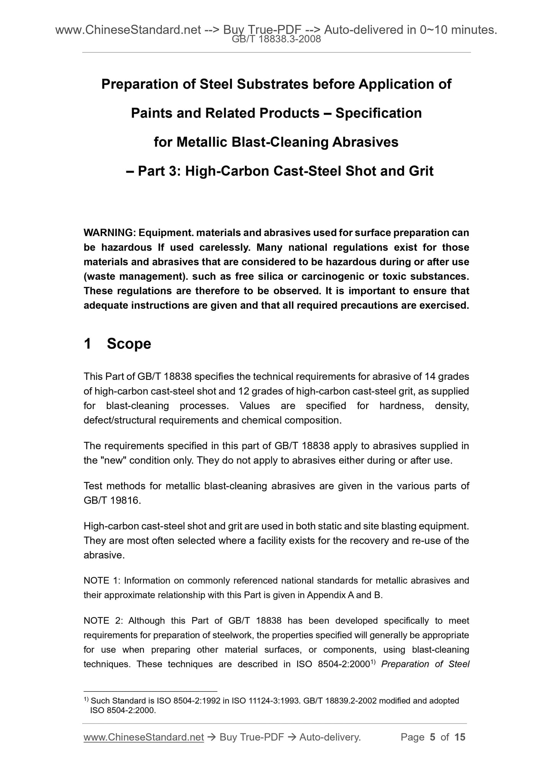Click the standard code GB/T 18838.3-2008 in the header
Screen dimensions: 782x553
click(x=276, y=39)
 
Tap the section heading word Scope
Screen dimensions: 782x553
click(x=129, y=344)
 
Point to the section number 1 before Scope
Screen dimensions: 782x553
click(x=88, y=344)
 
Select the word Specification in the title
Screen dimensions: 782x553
click(x=378, y=113)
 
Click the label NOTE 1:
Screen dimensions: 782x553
click(x=102, y=581)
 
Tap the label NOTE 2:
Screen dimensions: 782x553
click(x=102, y=621)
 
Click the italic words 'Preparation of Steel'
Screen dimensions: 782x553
click(x=425, y=664)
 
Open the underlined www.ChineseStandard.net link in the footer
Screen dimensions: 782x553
click(x=144, y=737)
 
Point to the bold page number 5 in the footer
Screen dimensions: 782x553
click(x=432, y=737)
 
